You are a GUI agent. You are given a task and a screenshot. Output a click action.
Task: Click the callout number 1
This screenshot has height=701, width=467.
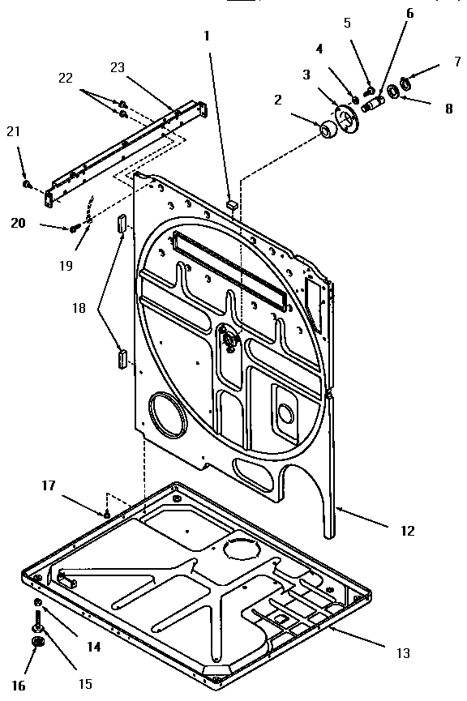coord(207,36)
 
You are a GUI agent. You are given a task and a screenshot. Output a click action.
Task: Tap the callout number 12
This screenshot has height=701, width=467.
coord(406,531)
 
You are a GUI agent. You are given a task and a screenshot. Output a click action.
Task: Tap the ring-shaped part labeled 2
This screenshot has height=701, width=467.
coord(329,130)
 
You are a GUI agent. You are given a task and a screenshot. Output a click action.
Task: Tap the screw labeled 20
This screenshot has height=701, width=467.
coord(75,228)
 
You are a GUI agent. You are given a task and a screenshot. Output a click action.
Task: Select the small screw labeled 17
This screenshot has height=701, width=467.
coord(107,513)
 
